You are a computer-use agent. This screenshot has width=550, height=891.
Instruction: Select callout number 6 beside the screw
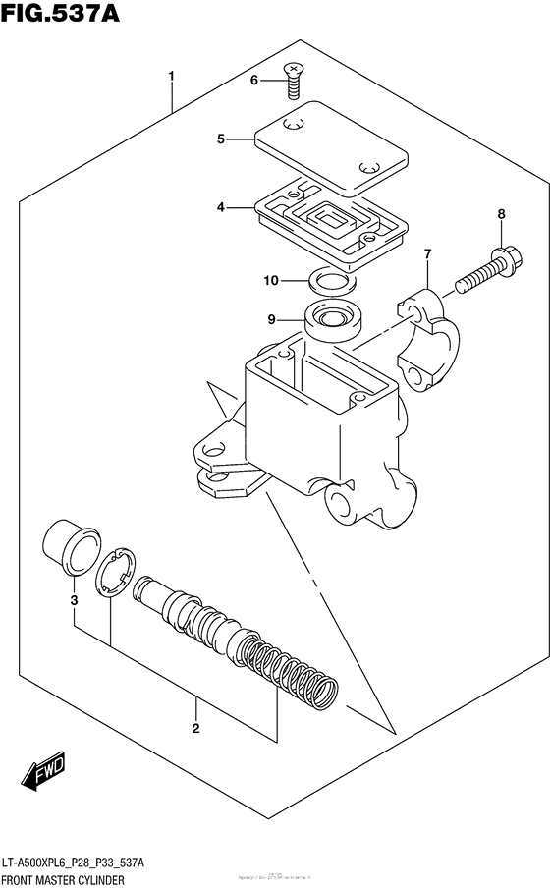(x=253, y=80)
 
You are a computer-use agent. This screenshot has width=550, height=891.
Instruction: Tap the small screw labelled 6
(x=292, y=80)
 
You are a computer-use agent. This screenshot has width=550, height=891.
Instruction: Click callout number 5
(x=222, y=139)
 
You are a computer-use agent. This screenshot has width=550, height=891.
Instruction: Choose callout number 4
(x=222, y=207)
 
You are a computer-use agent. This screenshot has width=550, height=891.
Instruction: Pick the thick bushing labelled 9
(x=334, y=321)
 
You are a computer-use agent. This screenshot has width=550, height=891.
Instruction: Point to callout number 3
(x=73, y=600)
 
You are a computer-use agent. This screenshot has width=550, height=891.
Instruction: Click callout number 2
(x=195, y=728)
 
